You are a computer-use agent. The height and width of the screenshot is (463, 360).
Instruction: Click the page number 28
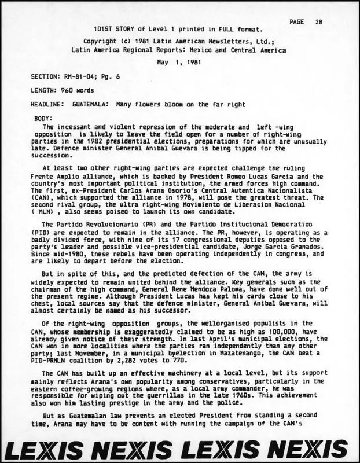319,21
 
